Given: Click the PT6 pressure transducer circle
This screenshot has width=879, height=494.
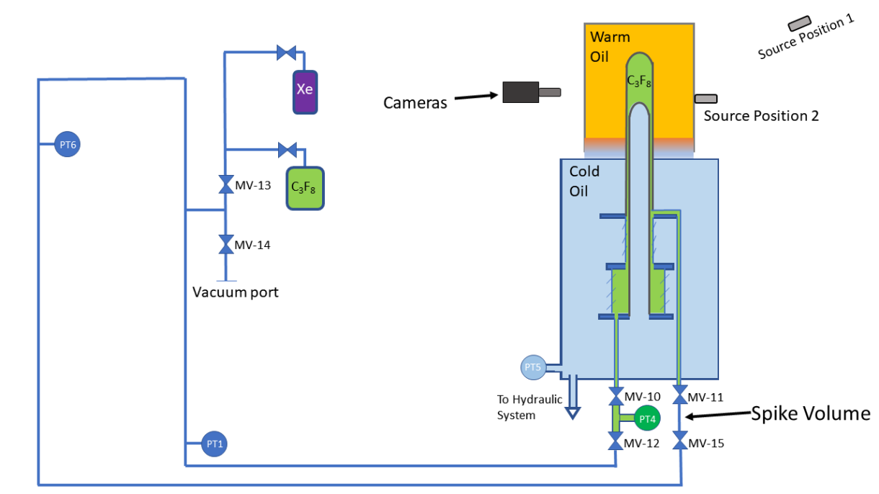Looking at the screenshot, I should [67, 145].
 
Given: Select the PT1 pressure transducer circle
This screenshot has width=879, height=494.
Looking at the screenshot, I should [214, 444].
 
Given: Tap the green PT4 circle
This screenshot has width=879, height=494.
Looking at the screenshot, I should [647, 418].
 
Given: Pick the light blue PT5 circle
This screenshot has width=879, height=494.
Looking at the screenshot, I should [533, 367].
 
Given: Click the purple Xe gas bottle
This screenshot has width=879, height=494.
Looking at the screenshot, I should [305, 91].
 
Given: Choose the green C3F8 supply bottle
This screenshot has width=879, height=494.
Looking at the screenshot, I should [305, 187].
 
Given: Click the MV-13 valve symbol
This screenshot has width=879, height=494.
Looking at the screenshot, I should [225, 185].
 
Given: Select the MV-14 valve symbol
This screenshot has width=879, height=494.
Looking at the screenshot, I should [225, 245].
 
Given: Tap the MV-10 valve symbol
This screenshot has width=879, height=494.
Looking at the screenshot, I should [616, 397].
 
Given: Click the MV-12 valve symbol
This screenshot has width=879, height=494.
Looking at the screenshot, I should [616, 442].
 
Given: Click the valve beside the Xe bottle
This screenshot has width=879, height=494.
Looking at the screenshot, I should [287, 53].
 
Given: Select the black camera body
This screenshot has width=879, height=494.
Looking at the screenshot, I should [521, 92].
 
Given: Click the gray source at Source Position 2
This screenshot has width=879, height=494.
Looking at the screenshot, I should [705, 99].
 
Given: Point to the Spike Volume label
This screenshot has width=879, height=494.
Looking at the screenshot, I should [811, 414].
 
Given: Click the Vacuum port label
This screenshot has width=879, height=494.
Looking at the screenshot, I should [235, 292].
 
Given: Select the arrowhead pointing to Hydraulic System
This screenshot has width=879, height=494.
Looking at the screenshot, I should [573, 413].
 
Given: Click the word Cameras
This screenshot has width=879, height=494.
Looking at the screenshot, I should [415, 103].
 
